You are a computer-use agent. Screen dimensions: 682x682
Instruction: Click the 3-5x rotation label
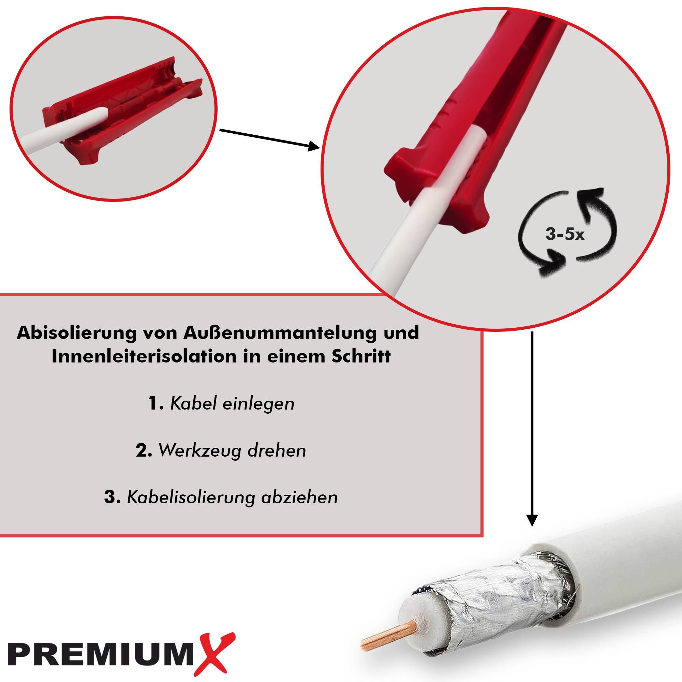pos(565,235)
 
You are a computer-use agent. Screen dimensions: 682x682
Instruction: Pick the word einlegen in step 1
pos(259,404)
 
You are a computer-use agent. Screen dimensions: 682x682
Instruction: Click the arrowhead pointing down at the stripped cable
pos(532,520)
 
